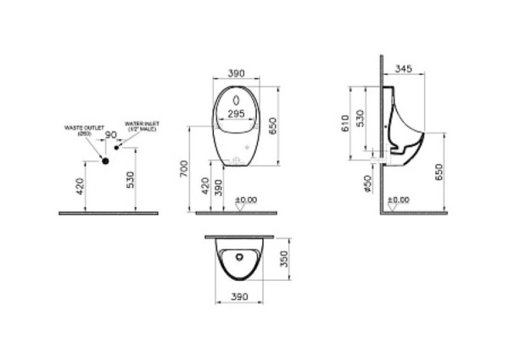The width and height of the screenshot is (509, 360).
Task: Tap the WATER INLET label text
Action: (143, 125)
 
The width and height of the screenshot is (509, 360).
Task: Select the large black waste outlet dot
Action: (106, 160)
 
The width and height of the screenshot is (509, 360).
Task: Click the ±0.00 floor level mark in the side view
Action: (398, 200)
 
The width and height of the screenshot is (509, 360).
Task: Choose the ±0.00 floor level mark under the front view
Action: (246, 201)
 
